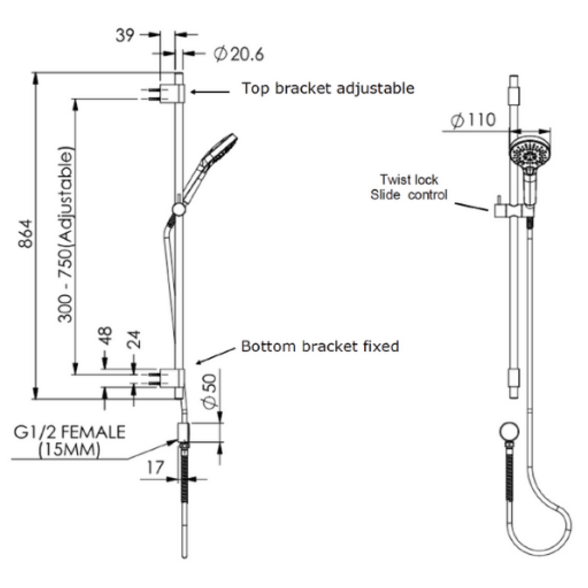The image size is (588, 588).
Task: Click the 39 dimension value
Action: point(125,36)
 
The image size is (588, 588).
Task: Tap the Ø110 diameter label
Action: point(473,121)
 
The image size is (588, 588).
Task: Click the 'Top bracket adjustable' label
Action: point(327,89)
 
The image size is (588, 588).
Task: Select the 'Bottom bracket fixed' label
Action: point(320,347)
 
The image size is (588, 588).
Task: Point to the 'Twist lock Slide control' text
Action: point(408,187)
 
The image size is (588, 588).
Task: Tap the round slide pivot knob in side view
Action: point(179,208)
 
